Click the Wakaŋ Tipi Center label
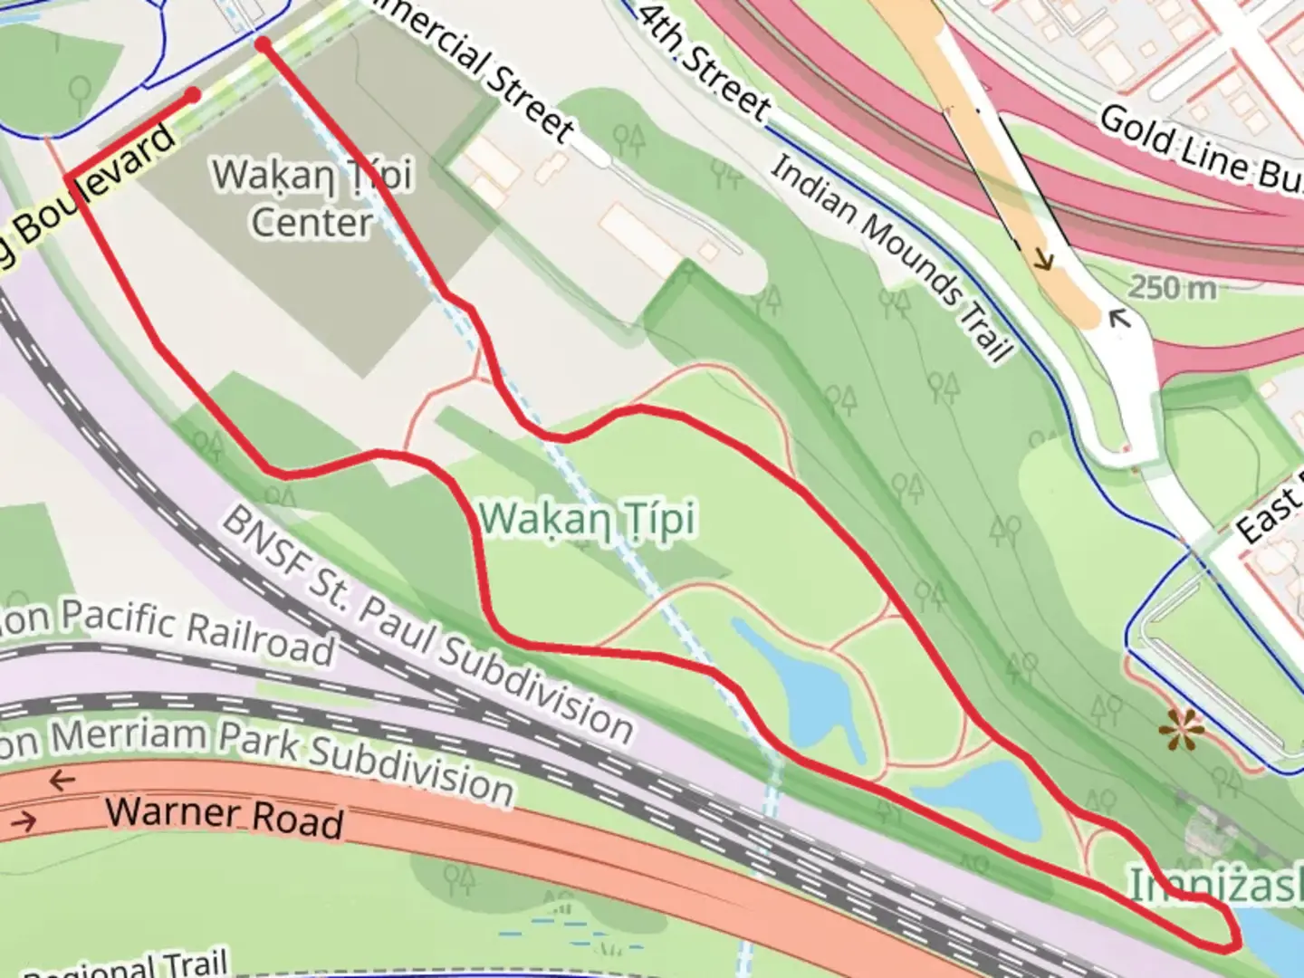point(312,197)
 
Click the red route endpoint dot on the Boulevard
point(192,94)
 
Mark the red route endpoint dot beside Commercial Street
point(263,43)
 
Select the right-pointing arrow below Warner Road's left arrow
point(25,821)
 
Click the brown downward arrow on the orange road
point(1043,260)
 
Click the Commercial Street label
point(480,68)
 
